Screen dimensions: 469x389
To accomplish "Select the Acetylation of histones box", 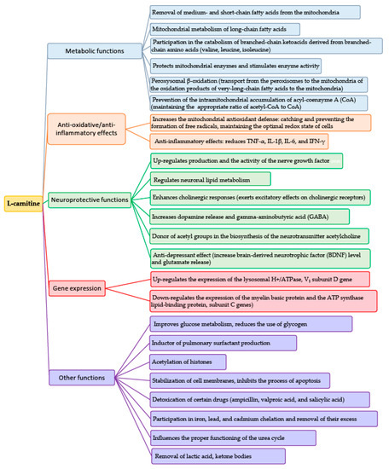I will pyautogui.click(x=192, y=362).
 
